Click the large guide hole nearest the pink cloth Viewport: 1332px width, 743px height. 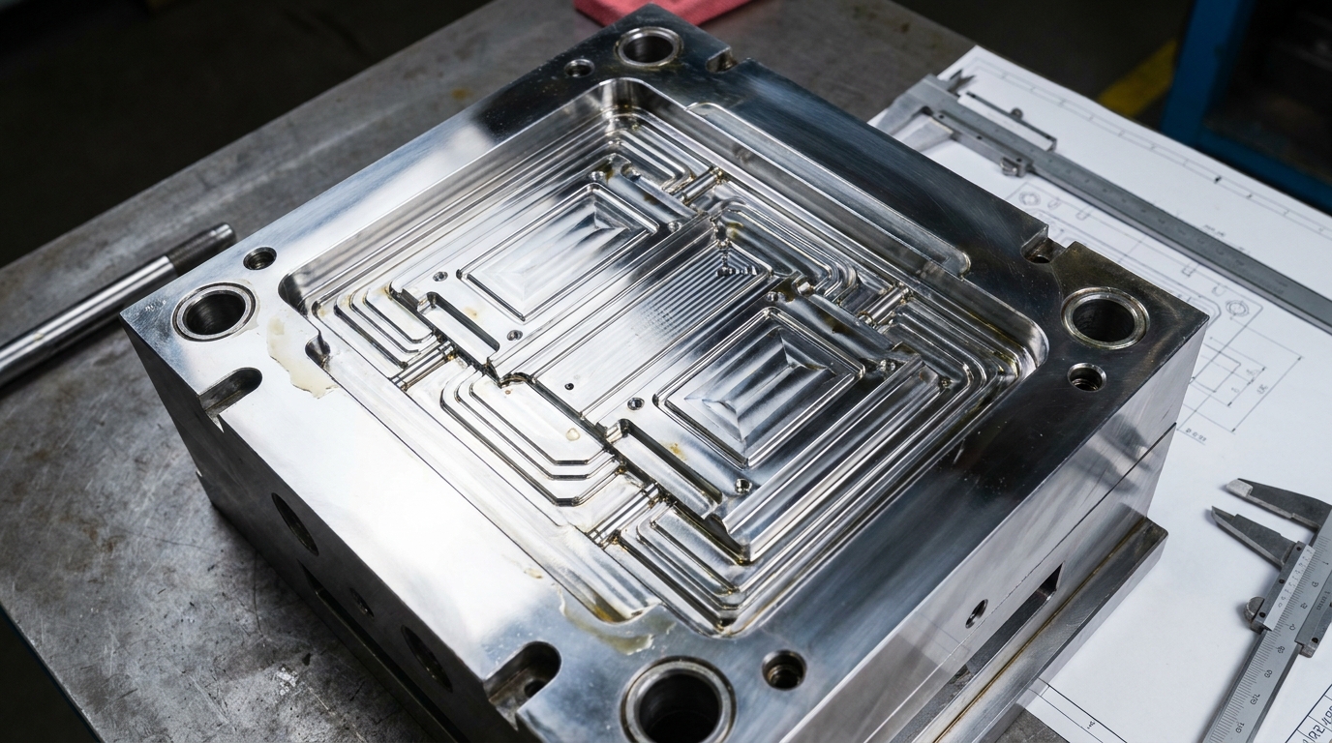click(x=649, y=45)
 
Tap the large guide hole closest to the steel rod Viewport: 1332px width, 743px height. click(x=214, y=311)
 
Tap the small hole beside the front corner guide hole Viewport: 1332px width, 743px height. click(x=783, y=669)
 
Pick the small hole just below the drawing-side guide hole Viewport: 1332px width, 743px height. click(x=1085, y=376)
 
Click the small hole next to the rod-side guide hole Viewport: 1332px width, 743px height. click(x=259, y=257)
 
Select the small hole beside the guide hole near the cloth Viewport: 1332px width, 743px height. click(x=579, y=68)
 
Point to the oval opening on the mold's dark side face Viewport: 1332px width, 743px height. click(x=294, y=523)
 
